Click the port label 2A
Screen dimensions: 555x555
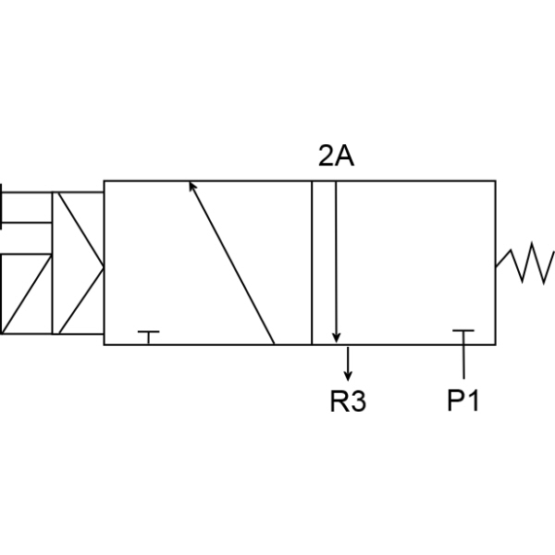tap(336, 155)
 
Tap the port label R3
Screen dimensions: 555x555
tap(348, 401)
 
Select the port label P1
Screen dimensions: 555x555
tap(463, 401)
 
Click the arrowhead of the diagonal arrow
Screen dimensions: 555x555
tap(191, 185)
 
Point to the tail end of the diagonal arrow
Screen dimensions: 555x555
tap(275, 344)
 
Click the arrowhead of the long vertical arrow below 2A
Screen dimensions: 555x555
tap(337, 339)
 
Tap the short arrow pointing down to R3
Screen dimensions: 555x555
tap(348, 364)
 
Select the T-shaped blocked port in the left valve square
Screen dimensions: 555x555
tap(149, 338)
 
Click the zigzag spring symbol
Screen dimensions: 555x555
tap(525, 264)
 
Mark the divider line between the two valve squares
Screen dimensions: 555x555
tap(312, 263)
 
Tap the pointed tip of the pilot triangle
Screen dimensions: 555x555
tap(104, 268)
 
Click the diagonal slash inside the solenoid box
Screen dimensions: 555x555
tap(27, 294)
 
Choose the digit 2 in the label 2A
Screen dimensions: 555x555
tap(327, 155)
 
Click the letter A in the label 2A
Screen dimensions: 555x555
tap(344, 155)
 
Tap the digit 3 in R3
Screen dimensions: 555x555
tap(358, 401)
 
